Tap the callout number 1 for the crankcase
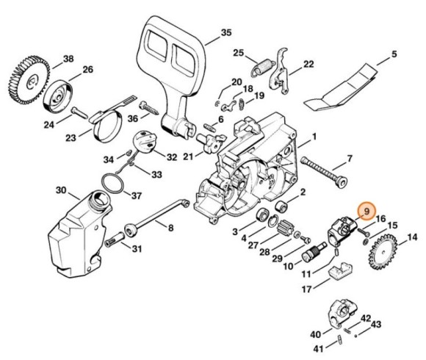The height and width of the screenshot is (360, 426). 314,137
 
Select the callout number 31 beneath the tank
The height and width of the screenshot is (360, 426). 136,248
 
